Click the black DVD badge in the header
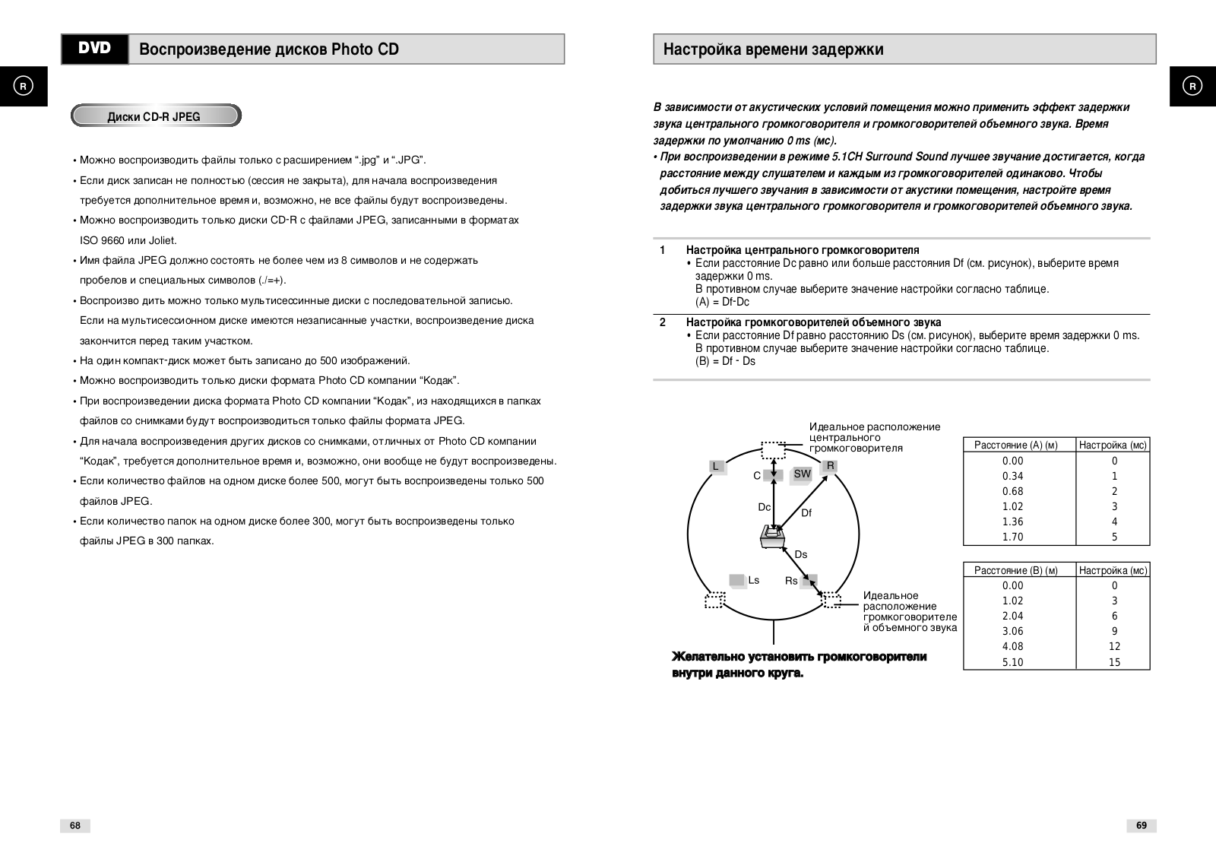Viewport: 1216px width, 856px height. (x=95, y=49)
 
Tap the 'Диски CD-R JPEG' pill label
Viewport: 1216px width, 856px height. (x=155, y=116)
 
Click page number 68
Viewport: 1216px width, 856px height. (x=75, y=826)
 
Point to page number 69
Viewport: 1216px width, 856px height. (x=1141, y=826)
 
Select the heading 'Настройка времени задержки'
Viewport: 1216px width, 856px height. (x=773, y=49)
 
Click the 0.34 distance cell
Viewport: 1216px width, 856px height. (x=1012, y=476)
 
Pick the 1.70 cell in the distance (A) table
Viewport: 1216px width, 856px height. (x=1012, y=537)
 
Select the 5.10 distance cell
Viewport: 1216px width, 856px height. (x=1012, y=662)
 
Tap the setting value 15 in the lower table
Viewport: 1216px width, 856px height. (x=1114, y=662)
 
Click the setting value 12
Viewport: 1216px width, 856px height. (x=1114, y=646)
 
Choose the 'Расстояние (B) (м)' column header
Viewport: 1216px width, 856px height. (x=1016, y=570)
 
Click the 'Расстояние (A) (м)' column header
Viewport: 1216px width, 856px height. (x=1016, y=445)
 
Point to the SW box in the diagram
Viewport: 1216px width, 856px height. (x=802, y=474)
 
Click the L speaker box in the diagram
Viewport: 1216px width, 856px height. (x=716, y=467)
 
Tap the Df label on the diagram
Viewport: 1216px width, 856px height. (x=806, y=513)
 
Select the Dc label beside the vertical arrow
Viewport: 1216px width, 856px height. (x=764, y=507)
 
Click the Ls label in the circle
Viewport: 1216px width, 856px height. (x=753, y=580)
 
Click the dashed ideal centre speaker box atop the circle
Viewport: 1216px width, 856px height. (x=773, y=449)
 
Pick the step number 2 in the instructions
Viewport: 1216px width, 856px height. (x=663, y=322)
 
